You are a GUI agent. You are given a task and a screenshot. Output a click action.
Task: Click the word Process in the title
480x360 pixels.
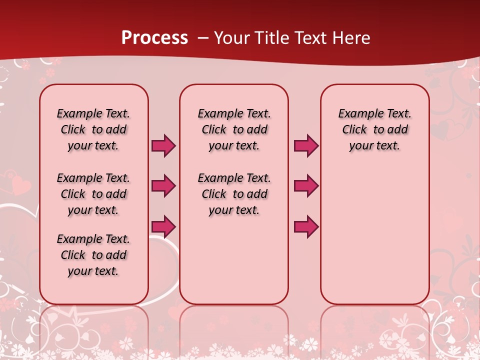click(x=154, y=38)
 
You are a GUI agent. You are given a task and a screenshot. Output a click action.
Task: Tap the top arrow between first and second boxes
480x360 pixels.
click(x=163, y=146)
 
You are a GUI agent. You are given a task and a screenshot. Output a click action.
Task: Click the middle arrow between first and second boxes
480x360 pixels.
click(x=163, y=186)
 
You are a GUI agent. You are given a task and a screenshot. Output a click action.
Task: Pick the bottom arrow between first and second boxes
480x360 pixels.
click(x=163, y=226)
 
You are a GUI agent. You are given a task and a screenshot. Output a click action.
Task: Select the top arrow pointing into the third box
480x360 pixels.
click(x=306, y=146)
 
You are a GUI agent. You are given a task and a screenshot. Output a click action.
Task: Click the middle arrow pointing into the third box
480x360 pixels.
click(x=306, y=186)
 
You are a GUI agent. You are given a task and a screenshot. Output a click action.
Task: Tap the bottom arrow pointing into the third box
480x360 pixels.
click(x=306, y=226)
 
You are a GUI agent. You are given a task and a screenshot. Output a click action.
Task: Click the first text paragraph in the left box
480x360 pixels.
click(x=93, y=129)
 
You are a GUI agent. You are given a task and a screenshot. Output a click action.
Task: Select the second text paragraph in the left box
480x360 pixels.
click(x=93, y=194)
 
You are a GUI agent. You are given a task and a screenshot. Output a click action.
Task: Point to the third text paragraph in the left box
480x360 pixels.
click(x=93, y=255)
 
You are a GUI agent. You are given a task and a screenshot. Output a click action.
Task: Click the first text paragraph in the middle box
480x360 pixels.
click(x=234, y=129)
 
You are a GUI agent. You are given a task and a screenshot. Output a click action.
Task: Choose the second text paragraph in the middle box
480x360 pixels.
click(x=234, y=194)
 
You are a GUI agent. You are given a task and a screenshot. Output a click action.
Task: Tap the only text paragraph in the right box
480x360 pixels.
click(x=374, y=129)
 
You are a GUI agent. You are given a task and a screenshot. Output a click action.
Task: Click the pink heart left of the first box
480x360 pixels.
click(x=20, y=186)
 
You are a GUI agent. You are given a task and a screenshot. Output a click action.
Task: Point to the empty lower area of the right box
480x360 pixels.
click(x=374, y=240)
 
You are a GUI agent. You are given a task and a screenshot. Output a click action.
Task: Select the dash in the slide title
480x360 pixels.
click(x=203, y=38)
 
